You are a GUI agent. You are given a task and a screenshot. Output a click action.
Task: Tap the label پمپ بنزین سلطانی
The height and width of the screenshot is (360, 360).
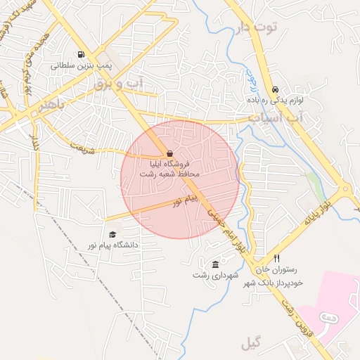point(82,66)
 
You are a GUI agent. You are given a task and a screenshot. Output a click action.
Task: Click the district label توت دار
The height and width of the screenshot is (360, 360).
point(257,27)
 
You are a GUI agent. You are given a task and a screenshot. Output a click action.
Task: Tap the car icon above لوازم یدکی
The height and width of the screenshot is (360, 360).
point(275,90)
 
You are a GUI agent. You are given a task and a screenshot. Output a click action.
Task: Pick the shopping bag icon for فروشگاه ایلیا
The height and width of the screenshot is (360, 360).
point(169,153)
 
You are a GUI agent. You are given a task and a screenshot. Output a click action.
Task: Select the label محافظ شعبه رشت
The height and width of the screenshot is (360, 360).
point(169,174)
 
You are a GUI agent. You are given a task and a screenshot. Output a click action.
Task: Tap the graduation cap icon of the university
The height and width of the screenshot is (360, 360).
point(112,235)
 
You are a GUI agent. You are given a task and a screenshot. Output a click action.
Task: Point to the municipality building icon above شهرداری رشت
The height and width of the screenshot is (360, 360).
point(214,264)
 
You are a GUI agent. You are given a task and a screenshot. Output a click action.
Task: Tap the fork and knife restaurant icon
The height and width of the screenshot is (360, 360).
point(276,258)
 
